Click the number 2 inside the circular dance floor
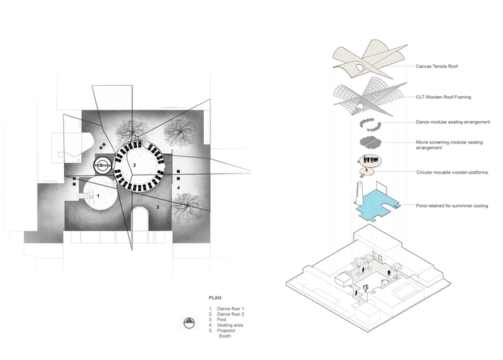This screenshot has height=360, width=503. coord(134,166)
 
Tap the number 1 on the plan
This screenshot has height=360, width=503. coord(98,195)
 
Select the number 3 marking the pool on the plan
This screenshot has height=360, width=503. coord(157,206)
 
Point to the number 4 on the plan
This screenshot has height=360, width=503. coord(178,187)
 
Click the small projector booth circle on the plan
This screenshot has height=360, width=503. coord(101,165)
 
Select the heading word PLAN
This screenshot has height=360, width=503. coord(215,297)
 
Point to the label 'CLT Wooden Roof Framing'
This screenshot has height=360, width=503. coord(443,97)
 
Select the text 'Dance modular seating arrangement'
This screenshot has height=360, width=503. coord(453,122)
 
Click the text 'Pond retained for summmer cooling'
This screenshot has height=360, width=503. coord(452,206)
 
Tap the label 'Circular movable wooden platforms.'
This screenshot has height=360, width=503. coord(453,172)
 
